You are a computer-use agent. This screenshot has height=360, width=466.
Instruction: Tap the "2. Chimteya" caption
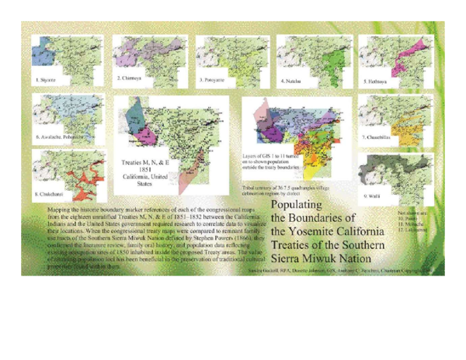pos(129,78)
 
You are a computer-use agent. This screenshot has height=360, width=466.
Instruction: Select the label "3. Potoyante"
pos(213,79)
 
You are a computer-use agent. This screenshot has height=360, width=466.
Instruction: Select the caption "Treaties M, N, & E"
pos(144,164)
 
